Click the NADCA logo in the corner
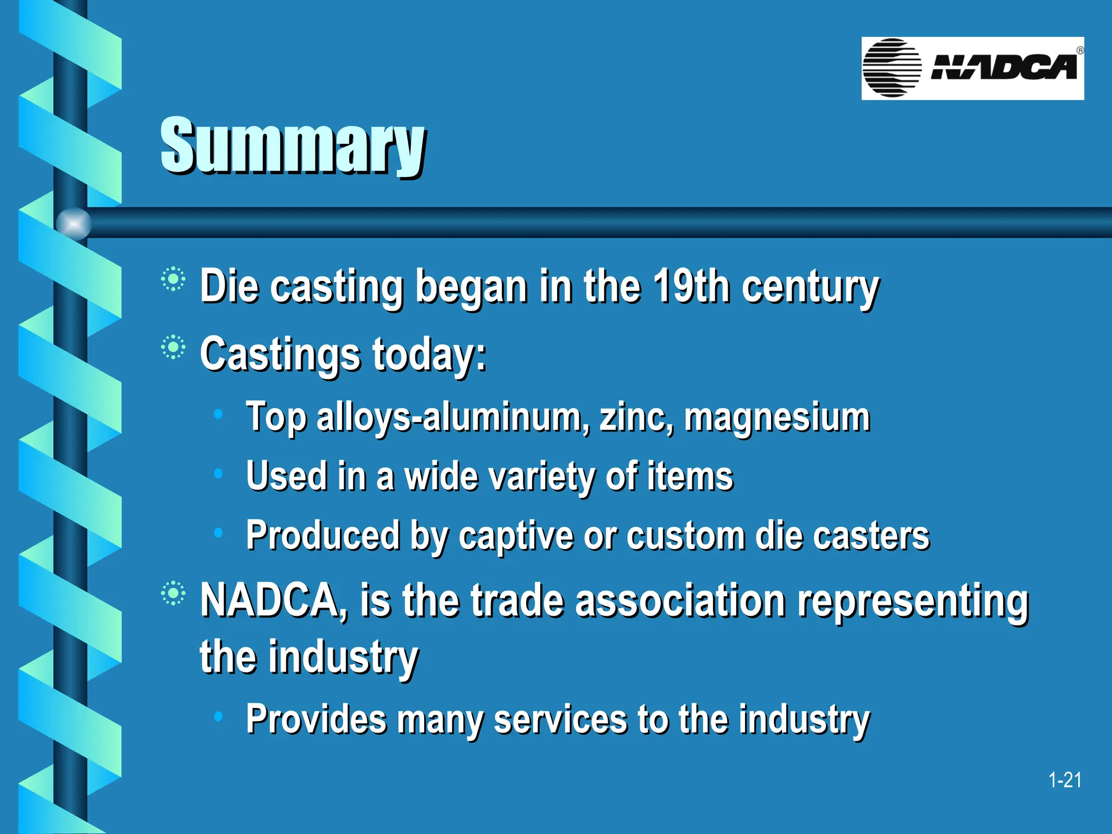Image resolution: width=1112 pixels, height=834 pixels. click(x=972, y=68)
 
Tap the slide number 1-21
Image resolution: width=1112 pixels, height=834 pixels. click(x=1064, y=780)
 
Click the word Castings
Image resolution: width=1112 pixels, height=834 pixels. click(x=280, y=354)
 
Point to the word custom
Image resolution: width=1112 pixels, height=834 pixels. click(x=686, y=536)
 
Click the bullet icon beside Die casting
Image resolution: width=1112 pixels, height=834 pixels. click(x=173, y=280)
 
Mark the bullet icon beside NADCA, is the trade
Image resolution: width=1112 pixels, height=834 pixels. click(x=173, y=593)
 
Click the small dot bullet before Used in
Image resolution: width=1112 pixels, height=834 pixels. click(x=218, y=474)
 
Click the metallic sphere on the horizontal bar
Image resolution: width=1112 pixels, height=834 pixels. click(x=74, y=223)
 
